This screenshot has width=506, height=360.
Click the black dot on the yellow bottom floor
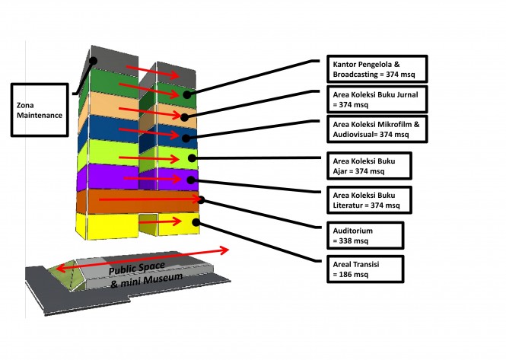coord(196,222)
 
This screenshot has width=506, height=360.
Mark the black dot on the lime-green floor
coord(193,159)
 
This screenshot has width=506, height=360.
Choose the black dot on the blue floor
coord(186,138)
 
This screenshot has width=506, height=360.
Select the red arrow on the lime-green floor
coord(152,158)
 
